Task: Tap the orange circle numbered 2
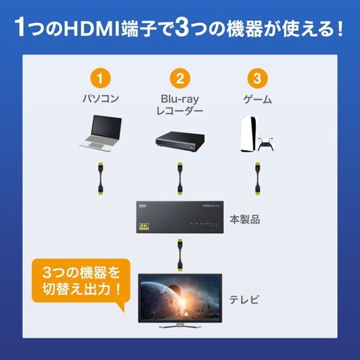(x=179, y=77)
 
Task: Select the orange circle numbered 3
(x=253, y=77)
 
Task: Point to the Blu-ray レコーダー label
(x=179, y=103)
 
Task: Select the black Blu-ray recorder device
(x=179, y=141)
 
